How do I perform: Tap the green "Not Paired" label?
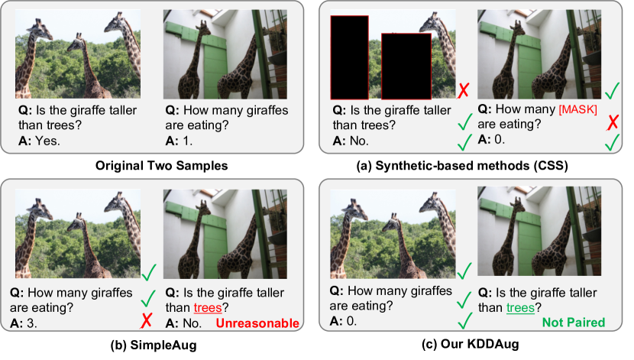[x=573, y=323]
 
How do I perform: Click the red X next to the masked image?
[x=462, y=92]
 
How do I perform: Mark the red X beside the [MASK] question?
[x=611, y=121]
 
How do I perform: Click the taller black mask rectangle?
[x=350, y=57]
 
